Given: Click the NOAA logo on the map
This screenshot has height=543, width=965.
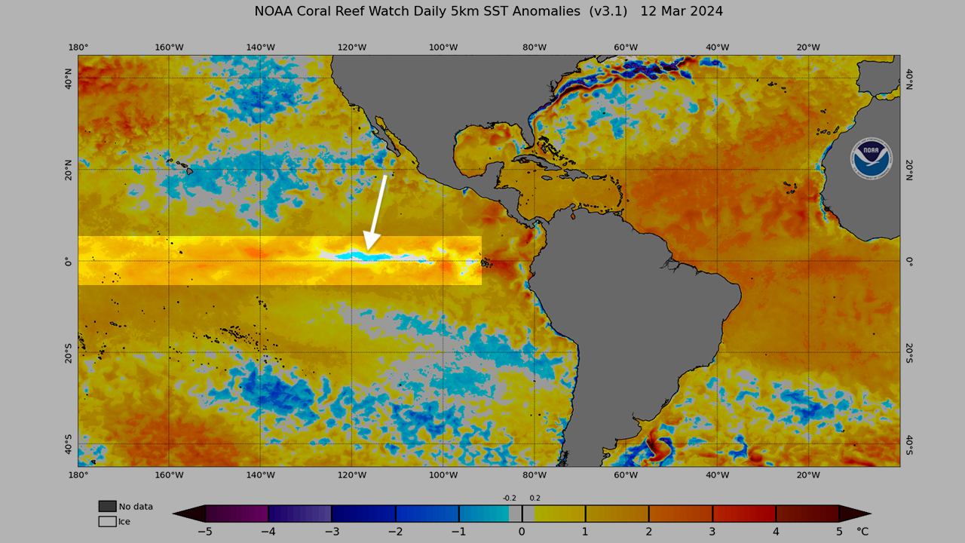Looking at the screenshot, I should (871, 158).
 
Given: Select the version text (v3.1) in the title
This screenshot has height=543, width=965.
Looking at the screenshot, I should (608, 11).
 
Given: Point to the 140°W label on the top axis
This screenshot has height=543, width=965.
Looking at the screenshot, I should (260, 48).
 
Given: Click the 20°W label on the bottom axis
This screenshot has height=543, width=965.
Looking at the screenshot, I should (808, 475).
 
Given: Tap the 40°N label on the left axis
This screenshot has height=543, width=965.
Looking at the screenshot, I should (69, 78).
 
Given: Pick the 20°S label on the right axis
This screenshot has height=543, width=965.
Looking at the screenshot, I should (909, 353).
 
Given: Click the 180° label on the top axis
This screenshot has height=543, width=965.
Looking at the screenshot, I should (78, 48).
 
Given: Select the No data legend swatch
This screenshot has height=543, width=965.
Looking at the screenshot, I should (107, 506).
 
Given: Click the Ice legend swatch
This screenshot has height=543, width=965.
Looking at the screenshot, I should (107, 521).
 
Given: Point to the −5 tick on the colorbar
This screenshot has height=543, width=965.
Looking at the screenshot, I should (205, 532).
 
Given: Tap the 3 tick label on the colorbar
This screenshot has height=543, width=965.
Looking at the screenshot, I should (712, 532).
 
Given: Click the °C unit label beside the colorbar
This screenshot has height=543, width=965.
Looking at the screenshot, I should (862, 532).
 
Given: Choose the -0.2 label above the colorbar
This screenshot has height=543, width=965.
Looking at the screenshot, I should (510, 498).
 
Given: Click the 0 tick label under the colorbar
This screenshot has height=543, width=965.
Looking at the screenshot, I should (522, 532).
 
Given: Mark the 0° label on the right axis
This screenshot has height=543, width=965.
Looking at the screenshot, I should (909, 262).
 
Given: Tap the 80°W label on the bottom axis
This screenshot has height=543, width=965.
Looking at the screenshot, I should (535, 475).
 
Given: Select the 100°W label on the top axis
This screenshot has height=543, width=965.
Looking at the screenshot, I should (443, 48).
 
